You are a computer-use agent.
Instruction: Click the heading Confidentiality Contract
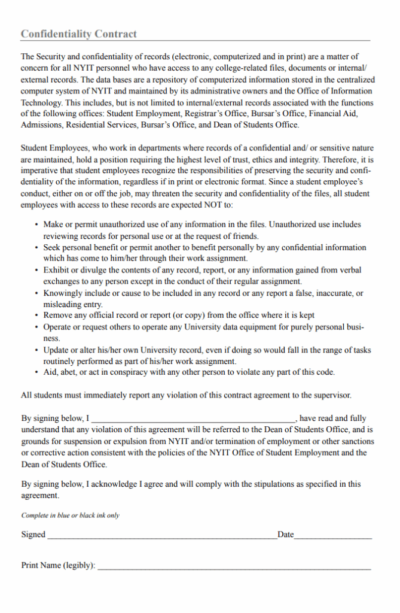click(x=79, y=34)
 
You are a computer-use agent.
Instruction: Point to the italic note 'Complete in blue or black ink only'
click(x=71, y=515)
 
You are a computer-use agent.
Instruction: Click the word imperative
click(x=41, y=171)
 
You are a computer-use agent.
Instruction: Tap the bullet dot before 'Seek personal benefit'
click(x=37, y=247)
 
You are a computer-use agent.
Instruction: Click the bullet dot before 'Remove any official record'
click(x=37, y=315)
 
